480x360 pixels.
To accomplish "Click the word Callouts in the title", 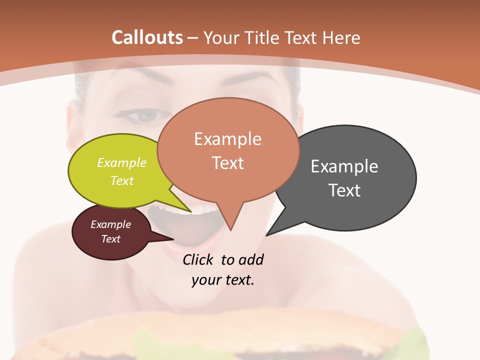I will point(147,37).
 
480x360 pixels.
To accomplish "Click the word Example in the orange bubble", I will point(227,139).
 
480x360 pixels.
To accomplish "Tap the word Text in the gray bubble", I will point(344,190).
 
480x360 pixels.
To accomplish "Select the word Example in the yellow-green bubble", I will point(122,162).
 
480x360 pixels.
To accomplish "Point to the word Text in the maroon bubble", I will point(111,239).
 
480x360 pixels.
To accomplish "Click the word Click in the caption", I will point(198,259).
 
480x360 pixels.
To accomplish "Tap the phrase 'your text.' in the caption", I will point(223,279).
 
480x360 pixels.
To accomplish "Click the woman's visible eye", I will point(146,117).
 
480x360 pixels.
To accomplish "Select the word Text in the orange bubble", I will point(228,162).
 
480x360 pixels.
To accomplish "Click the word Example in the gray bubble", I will point(344,166).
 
